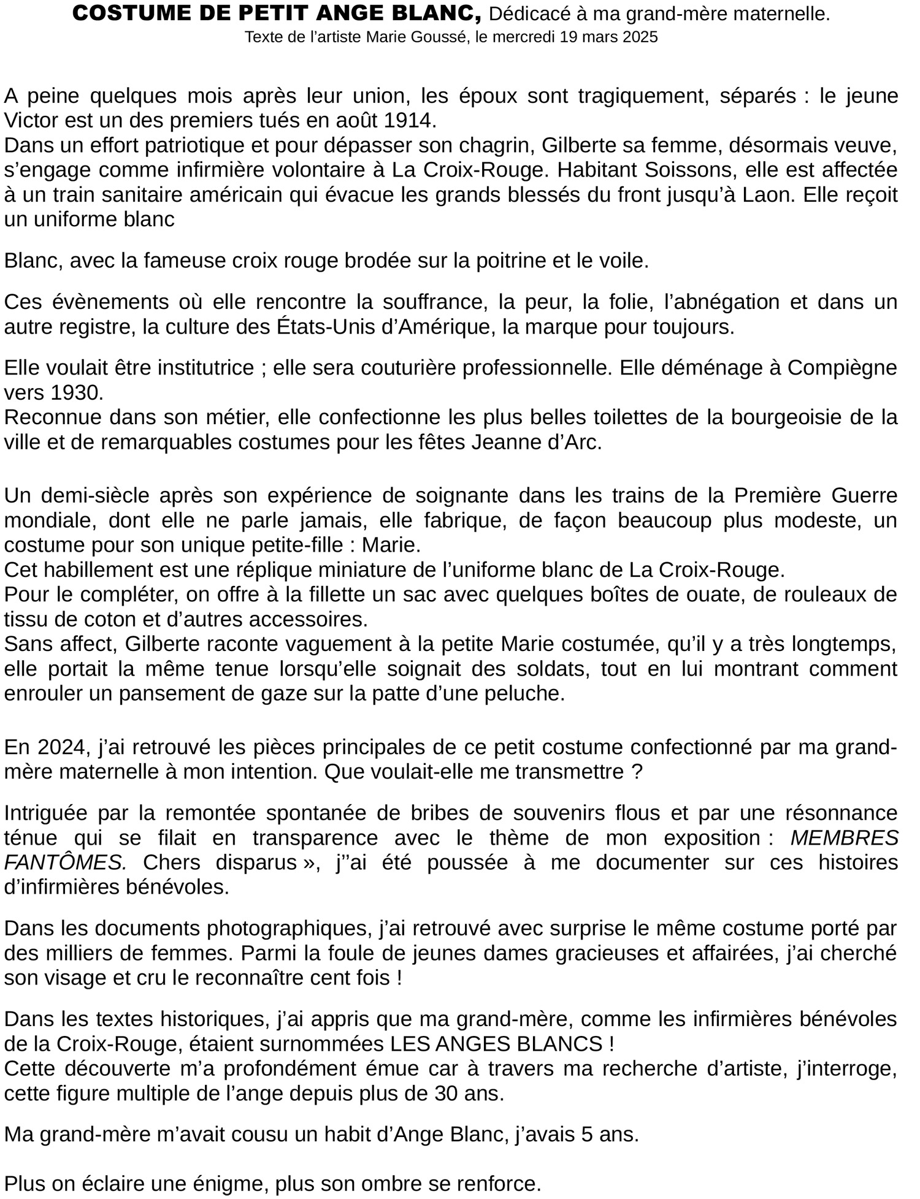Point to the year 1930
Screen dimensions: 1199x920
[x=78, y=392]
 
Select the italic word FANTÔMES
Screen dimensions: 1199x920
[x=65, y=862]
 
